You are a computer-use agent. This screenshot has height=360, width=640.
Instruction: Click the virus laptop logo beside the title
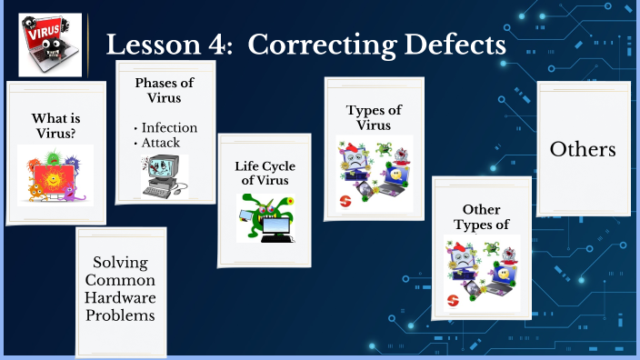(50, 45)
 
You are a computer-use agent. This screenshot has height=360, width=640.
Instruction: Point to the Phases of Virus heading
(164, 90)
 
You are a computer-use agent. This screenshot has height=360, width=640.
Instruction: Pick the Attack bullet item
(161, 143)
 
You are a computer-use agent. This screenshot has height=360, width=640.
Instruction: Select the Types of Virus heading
(374, 117)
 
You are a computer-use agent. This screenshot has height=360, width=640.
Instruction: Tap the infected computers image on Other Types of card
(482, 273)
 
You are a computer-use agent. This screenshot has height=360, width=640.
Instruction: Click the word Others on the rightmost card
(583, 149)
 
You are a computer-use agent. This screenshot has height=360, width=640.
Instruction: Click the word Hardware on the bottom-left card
(121, 298)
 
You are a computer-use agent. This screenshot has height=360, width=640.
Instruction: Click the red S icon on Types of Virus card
(345, 202)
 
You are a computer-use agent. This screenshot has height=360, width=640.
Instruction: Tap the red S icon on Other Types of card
(453, 301)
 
